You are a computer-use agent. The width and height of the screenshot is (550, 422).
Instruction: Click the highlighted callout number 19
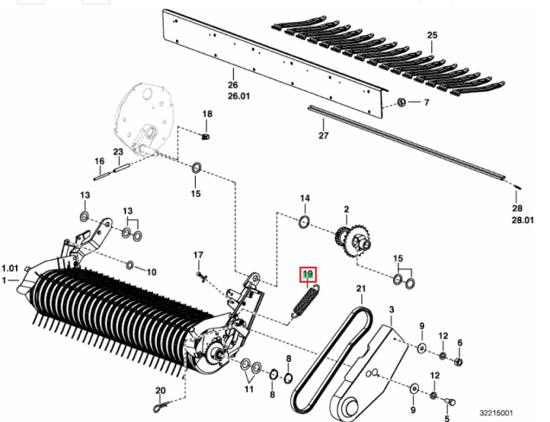tap(307, 274)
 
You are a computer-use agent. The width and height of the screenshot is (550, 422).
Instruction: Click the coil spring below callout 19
tap(306, 302)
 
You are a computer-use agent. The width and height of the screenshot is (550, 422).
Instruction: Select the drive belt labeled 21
tap(331, 358)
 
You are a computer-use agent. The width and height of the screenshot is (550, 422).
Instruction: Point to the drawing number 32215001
tap(496, 413)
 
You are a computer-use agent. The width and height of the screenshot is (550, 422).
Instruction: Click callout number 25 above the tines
tap(432, 35)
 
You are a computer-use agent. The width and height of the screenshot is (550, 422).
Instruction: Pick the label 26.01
tap(239, 96)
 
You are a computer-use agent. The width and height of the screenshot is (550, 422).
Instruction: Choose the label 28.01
tap(522, 220)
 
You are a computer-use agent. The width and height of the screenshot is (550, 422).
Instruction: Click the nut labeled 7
tap(401, 103)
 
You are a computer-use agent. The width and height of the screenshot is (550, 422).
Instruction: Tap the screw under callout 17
tap(200, 276)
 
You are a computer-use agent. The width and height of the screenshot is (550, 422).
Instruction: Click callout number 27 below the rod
tap(323, 136)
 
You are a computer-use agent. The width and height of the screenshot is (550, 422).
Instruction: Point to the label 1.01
tap(10, 268)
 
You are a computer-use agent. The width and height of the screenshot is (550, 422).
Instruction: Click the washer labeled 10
tap(129, 265)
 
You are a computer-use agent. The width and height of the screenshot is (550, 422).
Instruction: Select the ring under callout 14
tap(304, 222)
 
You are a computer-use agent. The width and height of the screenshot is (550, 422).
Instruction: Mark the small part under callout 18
tap(205, 136)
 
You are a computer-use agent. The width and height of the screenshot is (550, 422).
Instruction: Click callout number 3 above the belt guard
tap(392, 309)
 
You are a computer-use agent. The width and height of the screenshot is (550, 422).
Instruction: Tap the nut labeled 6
tap(459, 362)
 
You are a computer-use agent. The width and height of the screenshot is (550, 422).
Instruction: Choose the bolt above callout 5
tap(449, 401)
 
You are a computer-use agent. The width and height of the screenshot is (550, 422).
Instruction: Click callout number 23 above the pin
tap(118, 152)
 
